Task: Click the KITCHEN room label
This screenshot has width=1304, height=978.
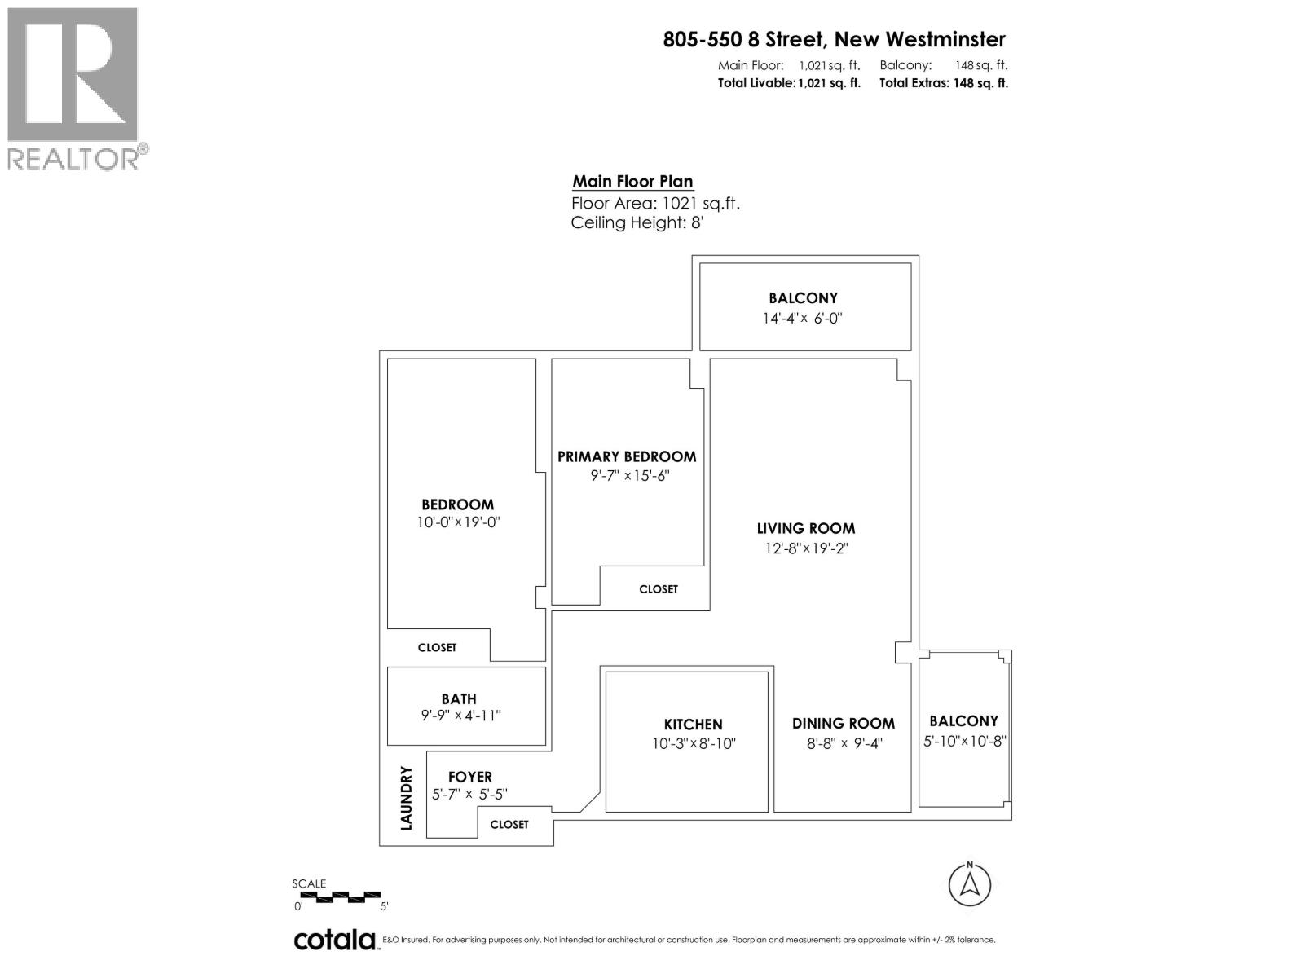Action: [x=693, y=725]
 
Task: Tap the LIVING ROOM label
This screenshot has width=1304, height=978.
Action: [x=805, y=529]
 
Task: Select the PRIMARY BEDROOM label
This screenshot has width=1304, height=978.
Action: [x=627, y=457]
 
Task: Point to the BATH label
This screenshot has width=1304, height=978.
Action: [x=459, y=699]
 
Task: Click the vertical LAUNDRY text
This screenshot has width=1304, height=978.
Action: [x=407, y=798]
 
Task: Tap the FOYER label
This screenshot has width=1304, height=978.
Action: [x=470, y=778]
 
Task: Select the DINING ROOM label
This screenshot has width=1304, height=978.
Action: [x=843, y=724]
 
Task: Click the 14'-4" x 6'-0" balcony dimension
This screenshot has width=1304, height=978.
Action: [x=802, y=319]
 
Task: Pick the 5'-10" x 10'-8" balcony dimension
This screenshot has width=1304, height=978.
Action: [x=965, y=742]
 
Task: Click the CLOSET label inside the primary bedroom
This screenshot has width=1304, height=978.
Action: [x=658, y=589]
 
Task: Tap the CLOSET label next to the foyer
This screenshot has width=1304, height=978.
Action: [x=509, y=825]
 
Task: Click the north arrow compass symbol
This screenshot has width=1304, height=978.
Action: [x=970, y=884]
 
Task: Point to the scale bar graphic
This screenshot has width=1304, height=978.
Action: [x=337, y=896]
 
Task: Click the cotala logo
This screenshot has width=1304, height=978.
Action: [x=335, y=940]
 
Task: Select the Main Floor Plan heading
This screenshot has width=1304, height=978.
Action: [x=632, y=182]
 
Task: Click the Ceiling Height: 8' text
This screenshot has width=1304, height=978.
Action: [x=637, y=223]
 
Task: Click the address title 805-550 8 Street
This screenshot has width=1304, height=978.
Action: [x=834, y=39]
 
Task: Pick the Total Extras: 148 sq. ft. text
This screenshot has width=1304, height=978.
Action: [x=943, y=83]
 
